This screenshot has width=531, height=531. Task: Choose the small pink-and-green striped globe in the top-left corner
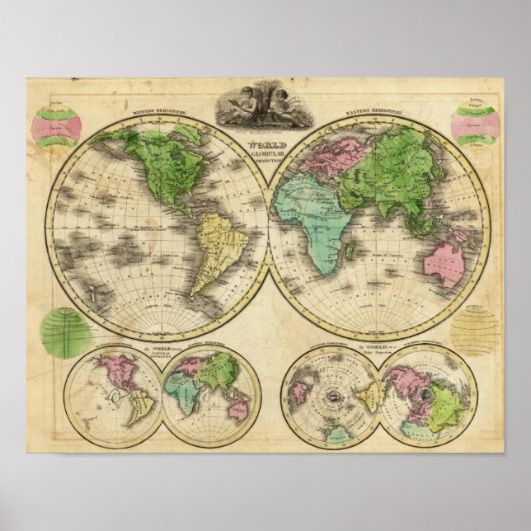click(x=55, y=128)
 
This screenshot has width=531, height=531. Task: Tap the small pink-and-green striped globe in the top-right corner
click(x=475, y=125)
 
